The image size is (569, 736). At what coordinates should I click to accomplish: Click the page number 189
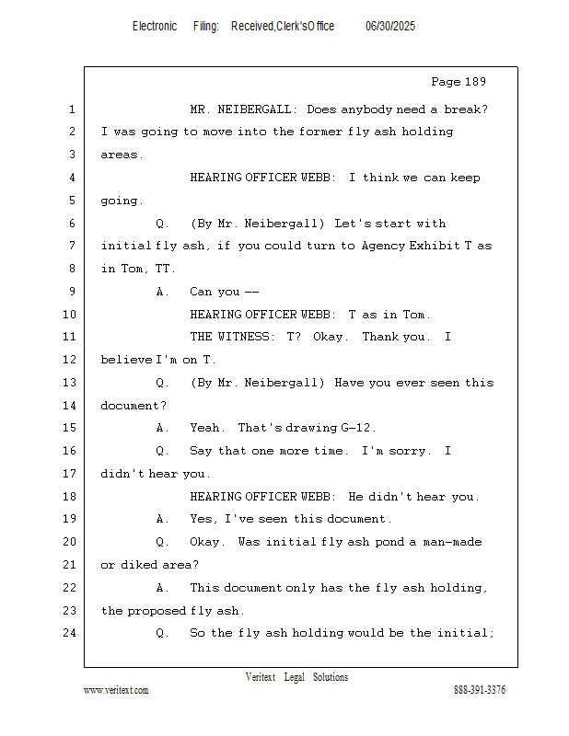point(475,82)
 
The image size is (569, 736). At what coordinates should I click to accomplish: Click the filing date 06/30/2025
point(390,27)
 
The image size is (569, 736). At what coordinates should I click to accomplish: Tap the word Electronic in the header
point(155,27)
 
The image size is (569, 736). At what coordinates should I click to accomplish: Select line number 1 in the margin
point(72,109)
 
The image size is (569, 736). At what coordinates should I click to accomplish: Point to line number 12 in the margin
point(70,360)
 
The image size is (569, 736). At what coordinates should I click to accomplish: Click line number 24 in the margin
point(70,633)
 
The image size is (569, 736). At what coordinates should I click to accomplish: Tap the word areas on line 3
point(120,155)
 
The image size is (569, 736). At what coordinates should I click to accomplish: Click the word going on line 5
point(120,201)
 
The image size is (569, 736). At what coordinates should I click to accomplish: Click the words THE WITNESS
point(230,337)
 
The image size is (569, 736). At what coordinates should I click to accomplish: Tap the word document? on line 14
point(134,406)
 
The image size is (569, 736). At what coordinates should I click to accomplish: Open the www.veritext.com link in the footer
point(116,690)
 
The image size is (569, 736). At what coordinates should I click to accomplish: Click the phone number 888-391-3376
point(480,690)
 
